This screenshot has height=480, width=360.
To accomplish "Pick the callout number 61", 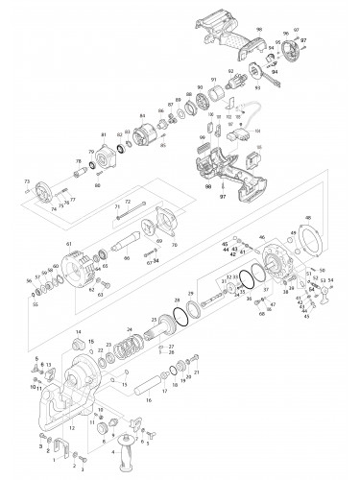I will coord(69,245).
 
